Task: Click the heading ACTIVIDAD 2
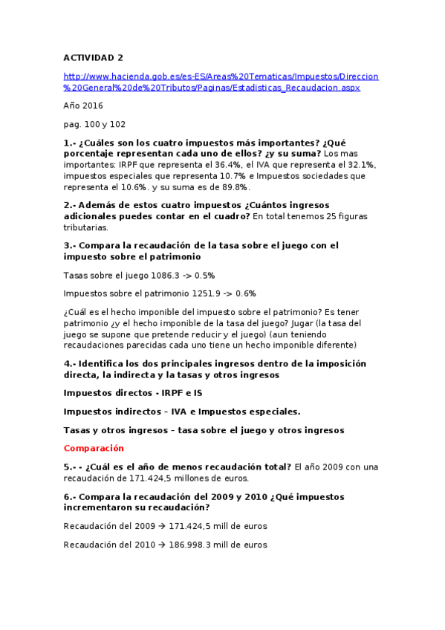click(x=94, y=57)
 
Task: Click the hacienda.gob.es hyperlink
click(x=221, y=82)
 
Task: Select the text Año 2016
click(x=83, y=105)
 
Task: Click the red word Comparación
click(x=94, y=448)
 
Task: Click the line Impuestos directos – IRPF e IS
click(x=133, y=393)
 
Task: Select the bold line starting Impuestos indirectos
click(x=182, y=412)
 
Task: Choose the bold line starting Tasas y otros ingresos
click(x=204, y=430)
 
